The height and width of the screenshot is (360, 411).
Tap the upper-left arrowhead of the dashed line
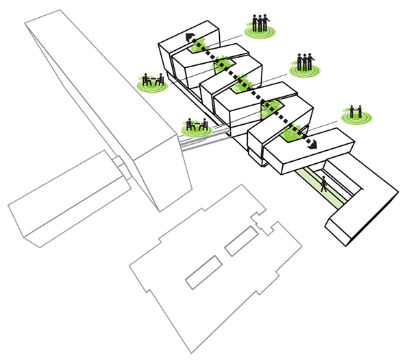pos(186,36)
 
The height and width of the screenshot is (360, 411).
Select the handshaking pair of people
pos(354,110)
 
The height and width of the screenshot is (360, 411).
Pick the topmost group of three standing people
pos(258,22)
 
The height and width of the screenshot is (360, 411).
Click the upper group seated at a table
pos(153,80)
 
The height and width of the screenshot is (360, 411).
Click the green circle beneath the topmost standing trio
pos(259,32)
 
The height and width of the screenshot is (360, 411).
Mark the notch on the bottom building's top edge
pos(261,221)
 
